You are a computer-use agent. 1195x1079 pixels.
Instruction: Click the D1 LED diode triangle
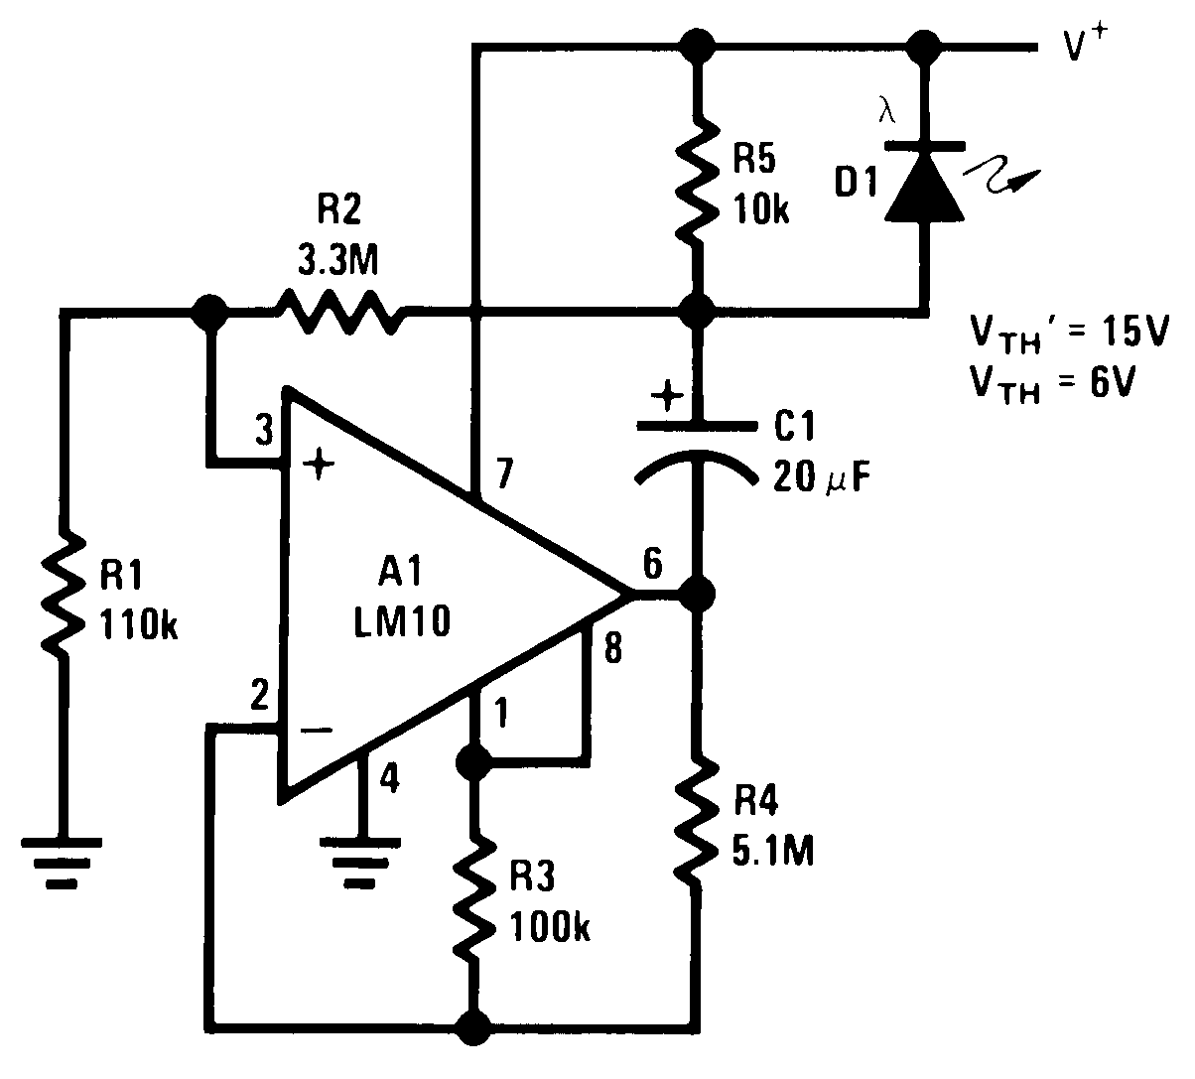click(923, 184)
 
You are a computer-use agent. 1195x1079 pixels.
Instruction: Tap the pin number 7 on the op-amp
click(504, 475)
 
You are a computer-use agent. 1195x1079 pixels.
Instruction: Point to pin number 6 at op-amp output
click(652, 563)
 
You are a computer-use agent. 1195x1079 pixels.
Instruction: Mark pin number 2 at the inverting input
click(259, 696)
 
